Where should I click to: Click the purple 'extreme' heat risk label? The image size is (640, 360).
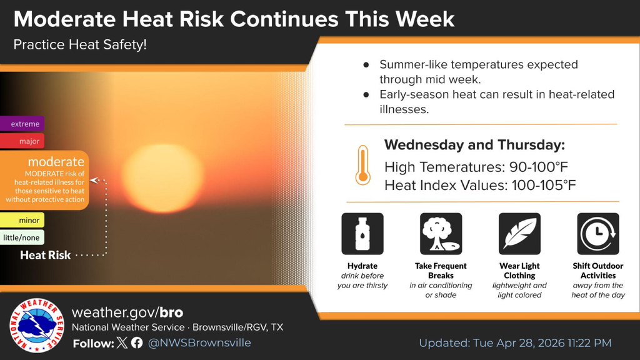(x=22, y=124)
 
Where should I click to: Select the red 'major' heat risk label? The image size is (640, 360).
(x=22, y=141)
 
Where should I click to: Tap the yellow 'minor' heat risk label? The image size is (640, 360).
(x=22, y=220)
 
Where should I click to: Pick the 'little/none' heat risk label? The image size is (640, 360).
(x=22, y=237)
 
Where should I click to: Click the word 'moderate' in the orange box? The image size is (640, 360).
(x=56, y=162)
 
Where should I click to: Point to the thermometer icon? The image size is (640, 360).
(x=362, y=165)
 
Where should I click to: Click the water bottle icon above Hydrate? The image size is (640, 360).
(x=362, y=234)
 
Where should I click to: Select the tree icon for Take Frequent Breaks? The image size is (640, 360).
(x=441, y=234)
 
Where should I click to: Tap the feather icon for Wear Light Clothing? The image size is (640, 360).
(x=519, y=234)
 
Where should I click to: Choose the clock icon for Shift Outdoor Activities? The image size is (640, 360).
(x=598, y=234)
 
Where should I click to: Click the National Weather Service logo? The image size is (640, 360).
(x=37, y=325)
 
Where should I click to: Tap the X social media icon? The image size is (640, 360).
(x=122, y=342)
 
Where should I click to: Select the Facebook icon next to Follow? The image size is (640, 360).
(x=137, y=342)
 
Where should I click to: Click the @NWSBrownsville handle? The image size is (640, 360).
(x=199, y=342)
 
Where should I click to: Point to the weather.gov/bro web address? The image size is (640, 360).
(x=127, y=312)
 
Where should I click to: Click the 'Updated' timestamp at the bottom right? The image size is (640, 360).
(x=515, y=343)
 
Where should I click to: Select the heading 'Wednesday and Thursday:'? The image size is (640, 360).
(x=475, y=145)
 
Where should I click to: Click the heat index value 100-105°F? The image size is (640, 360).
(x=544, y=185)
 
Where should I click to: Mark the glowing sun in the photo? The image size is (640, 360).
(x=163, y=178)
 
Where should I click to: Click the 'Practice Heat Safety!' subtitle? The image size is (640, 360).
(x=80, y=44)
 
